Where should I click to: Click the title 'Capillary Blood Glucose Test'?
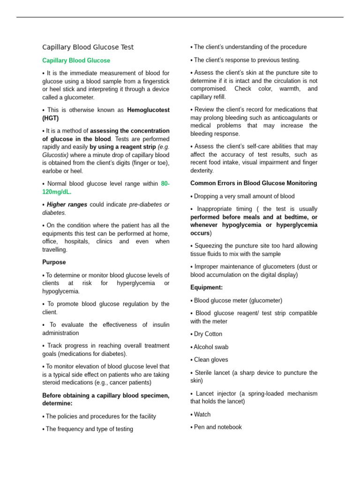point(88,47)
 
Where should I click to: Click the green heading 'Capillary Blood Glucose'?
point(76,60)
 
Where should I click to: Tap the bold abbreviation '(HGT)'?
point(51,118)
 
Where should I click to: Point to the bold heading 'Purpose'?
point(54,262)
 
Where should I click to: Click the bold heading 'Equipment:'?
point(206,287)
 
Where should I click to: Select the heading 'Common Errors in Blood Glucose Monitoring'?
point(254,183)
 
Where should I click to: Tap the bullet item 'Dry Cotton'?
point(208,334)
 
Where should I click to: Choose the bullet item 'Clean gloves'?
point(211,360)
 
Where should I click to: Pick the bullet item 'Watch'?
point(202,414)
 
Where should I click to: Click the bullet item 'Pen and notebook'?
point(217,427)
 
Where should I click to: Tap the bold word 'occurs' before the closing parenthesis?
point(199,233)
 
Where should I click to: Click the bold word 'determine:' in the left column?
point(57,403)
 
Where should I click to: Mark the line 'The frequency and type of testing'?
point(89,429)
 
